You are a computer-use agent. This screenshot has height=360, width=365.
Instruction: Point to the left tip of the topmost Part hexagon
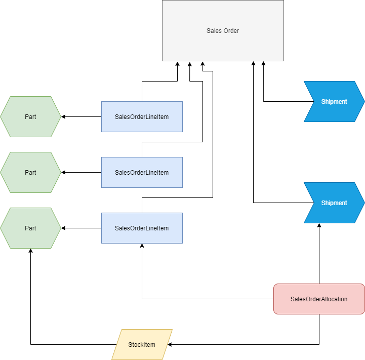coord(1,117)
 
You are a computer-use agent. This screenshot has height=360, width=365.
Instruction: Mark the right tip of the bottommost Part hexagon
coord(60,228)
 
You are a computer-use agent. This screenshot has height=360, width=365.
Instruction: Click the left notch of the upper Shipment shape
coord(313,102)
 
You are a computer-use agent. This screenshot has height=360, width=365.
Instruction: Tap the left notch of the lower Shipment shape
coord(313,203)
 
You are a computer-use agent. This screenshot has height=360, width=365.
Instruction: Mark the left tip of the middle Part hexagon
coord(1,173)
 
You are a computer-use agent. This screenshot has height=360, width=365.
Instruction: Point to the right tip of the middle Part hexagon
coord(60,173)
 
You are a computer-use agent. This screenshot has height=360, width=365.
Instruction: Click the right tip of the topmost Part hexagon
coord(60,117)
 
